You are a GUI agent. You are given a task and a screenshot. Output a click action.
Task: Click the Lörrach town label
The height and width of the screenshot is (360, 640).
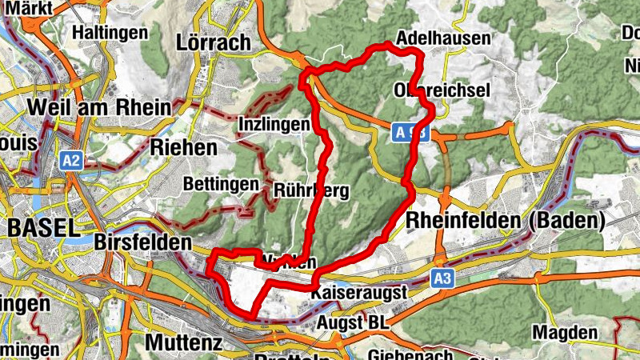(x=216, y=42)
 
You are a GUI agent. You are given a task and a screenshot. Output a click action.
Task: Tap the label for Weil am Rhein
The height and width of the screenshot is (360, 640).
(x=98, y=107)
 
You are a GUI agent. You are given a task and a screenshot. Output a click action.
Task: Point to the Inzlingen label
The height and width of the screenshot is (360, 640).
(x=274, y=125)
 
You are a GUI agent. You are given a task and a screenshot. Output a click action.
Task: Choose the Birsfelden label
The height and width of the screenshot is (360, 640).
(x=143, y=242)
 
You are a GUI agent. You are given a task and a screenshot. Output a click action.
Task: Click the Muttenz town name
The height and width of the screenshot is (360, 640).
(x=177, y=342)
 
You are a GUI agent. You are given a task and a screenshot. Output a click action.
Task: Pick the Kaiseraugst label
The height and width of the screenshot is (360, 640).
(x=360, y=293)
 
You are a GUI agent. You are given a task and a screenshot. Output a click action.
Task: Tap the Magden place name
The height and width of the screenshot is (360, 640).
(x=565, y=332)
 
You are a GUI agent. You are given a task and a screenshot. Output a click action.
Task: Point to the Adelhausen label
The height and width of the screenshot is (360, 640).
(x=442, y=38)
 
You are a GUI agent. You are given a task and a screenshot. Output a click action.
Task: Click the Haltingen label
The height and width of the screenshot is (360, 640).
(x=110, y=33)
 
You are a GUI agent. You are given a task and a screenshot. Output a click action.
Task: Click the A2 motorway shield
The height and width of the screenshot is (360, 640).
(x=71, y=161)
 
